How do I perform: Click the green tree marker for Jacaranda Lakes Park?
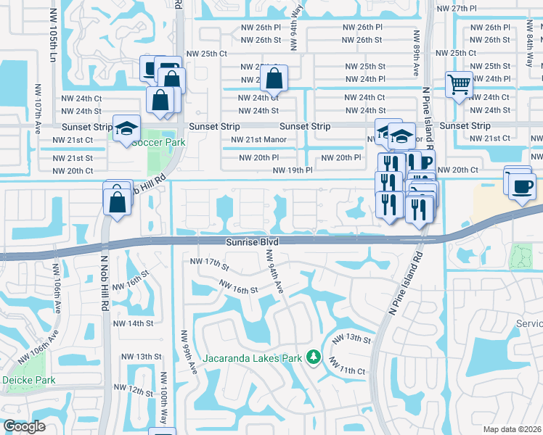(x=314, y=357)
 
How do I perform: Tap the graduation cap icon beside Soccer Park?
(x=126, y=128)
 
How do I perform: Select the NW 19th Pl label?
(x=293, y=170)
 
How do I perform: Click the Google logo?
(x=24, y=426)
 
